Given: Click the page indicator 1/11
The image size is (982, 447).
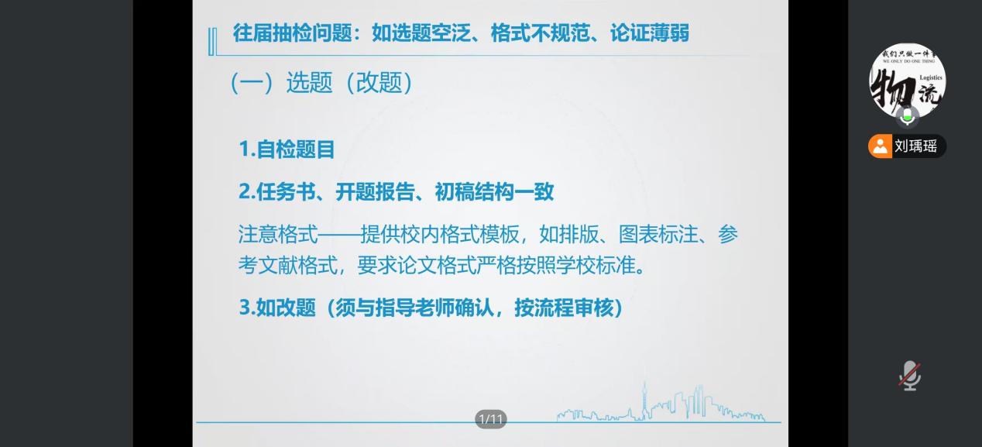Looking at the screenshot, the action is (x=491, y=419).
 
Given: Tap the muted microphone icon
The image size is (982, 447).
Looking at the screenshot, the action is (x=910, y=376).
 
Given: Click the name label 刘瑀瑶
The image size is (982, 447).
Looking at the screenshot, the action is (x=915, y=146).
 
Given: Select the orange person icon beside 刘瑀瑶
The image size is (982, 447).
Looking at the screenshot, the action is (x=880, y=146).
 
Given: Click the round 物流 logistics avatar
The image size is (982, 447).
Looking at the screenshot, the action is (x=907, y=81).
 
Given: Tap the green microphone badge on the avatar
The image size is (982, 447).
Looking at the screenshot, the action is (x=907, y=116).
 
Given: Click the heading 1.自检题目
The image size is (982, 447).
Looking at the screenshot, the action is (x=287, y=150).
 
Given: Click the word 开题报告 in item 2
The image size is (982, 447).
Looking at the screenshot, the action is (x=376, y=191).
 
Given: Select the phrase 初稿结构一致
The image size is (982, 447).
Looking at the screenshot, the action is (x=494, y=191).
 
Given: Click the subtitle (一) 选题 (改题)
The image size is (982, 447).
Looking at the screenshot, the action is (x=321, y=82).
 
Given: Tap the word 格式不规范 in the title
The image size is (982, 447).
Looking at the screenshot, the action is (x=540, y=33).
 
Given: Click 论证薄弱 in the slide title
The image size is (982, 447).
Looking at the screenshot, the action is (x=649, y=33).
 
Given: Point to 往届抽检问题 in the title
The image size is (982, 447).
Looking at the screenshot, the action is (x=293, y=33).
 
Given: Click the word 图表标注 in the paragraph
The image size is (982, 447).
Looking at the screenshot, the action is (x=658, y=234).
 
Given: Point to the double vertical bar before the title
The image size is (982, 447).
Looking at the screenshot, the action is (x=212, y=42).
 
